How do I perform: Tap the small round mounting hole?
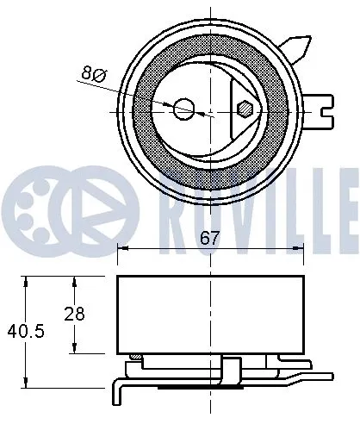183,109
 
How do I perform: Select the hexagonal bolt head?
244,109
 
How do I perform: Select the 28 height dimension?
75,314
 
